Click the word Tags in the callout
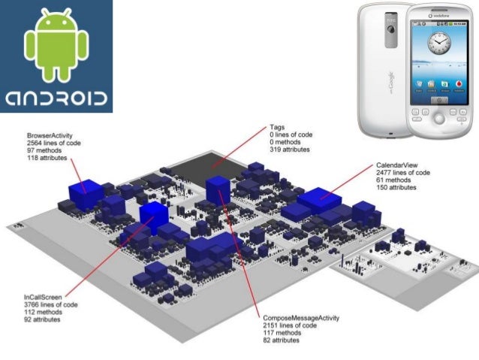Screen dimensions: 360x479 [278, 126]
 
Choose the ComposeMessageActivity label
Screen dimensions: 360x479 [301, 318]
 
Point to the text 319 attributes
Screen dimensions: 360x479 [291, 150]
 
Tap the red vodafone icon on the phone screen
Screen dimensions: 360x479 [456, 84]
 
